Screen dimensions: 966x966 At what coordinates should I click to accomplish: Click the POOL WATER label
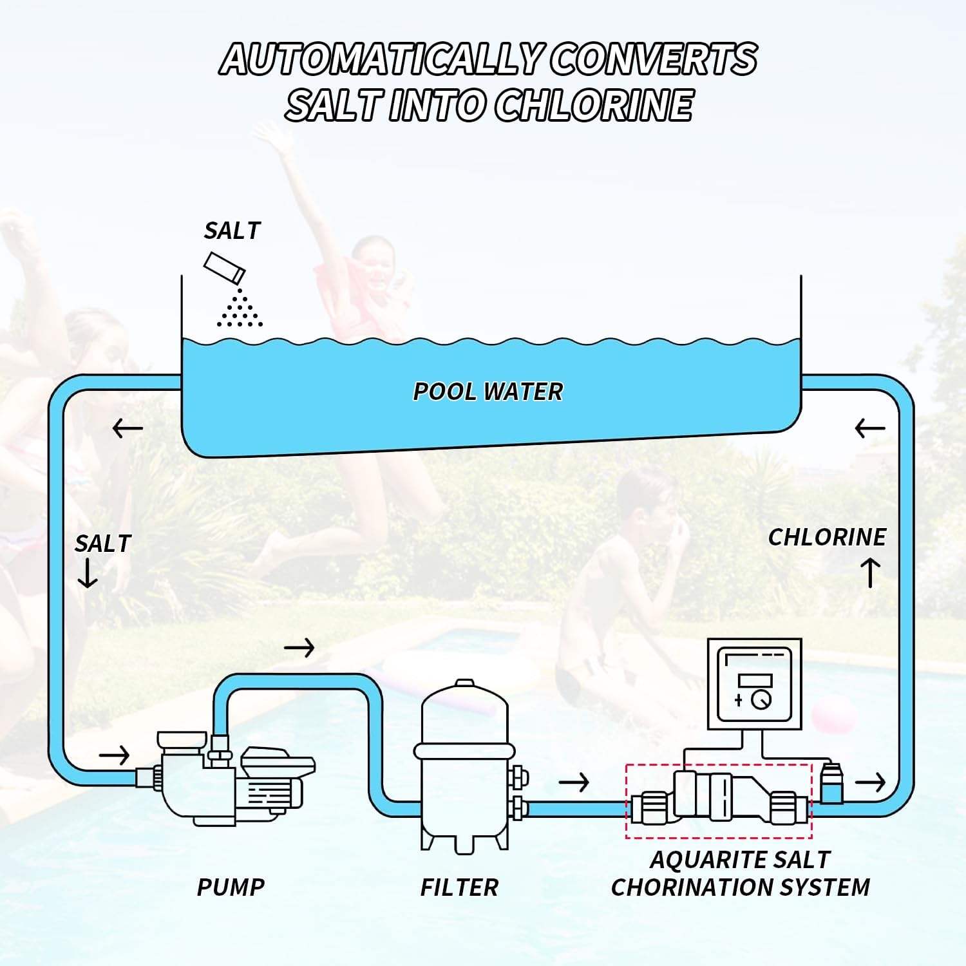click(x=488, y=392)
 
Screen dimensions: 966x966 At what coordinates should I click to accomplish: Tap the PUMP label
click(x=231, y=887)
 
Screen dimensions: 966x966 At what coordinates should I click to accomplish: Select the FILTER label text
click(x=459, y=887)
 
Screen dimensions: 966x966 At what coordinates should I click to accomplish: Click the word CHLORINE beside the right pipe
click(x=827, y=537)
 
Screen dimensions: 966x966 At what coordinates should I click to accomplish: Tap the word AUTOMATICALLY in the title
click(x=380, y=59)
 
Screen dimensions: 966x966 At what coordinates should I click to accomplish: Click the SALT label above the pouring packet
click(x=232, y=231)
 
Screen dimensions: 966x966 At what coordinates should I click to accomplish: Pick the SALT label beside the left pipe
click(x=102, y=544)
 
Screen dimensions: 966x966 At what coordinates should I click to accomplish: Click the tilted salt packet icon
click(x=224, y=267)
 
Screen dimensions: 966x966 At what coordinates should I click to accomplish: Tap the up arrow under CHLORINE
click(x=871, y=573)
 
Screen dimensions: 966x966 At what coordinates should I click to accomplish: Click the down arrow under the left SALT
click(x=87, y=574)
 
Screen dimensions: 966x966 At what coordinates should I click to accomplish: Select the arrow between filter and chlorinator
click(x=574, y=782)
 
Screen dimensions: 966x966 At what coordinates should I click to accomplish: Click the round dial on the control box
click(x=761, y=699)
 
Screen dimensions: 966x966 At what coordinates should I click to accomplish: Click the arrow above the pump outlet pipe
click(x=299, y=647)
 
